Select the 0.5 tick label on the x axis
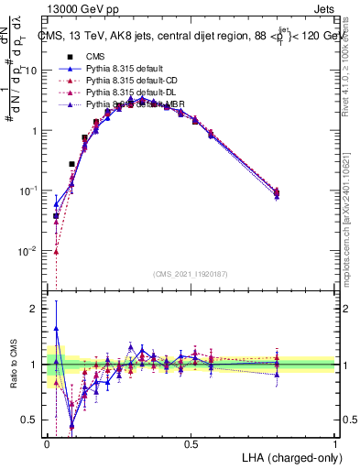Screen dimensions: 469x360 [x=191, y=444]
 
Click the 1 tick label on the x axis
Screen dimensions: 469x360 [x=335, y=444]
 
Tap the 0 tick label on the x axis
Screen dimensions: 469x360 [x=47, y=444]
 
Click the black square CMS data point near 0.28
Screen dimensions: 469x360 [x=71, y=164]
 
